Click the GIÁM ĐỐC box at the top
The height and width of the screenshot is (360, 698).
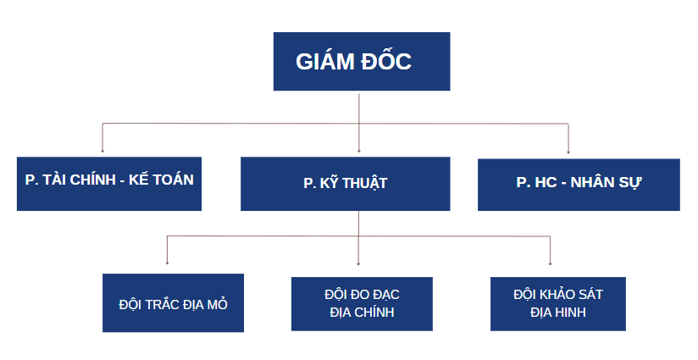pos(361,61)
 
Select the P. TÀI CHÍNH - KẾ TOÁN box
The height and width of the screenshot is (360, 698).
pos(109,184)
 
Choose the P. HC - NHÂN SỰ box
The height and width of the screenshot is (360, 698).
pos(579,184)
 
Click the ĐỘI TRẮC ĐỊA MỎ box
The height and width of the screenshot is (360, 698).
pos(173,302)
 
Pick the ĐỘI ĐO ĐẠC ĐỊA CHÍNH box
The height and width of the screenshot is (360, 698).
pos(362,302)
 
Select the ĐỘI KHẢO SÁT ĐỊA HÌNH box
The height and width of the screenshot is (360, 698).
pos(558,302)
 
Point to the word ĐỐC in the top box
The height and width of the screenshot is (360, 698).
pos(389,62)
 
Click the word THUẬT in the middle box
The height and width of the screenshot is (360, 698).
pos(367,183)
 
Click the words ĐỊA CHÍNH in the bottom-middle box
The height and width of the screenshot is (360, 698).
pos(362,313)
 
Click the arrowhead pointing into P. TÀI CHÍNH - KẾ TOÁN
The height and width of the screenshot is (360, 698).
pos(102,151)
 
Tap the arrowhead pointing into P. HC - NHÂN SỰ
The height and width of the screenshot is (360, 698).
pos(568,151)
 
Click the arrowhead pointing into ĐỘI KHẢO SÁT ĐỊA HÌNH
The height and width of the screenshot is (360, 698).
pos(551,263)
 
